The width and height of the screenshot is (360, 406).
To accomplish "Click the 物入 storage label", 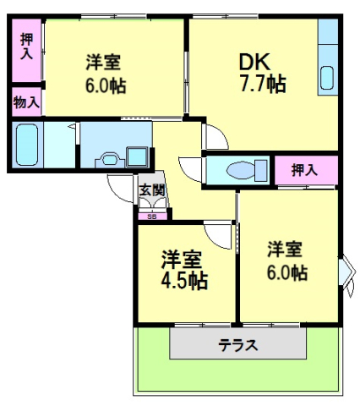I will tap(26, 103).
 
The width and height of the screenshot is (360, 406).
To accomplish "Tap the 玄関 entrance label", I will tap(153, 189).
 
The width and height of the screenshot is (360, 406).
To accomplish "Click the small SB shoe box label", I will tap(152, 217).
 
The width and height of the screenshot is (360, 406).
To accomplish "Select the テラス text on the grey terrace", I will tap(237, 345).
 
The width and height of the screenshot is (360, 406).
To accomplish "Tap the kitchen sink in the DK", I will tap(328, 75).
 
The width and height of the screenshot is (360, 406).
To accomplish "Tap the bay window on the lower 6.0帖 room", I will tap(346, 271).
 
